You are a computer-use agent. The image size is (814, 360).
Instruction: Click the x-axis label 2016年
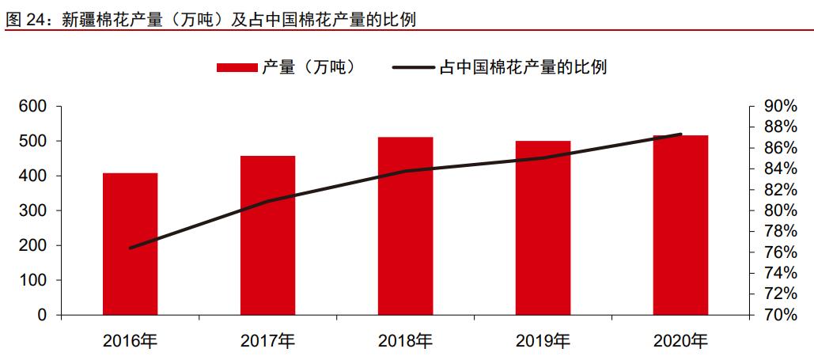point(130,342)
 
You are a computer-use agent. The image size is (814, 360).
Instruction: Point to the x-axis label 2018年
point(405,342)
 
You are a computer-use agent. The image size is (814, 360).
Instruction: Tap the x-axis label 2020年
point(680,342)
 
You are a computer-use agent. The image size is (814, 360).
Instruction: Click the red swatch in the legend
point(237,68)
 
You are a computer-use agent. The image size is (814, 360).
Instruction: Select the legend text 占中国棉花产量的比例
point(522,68)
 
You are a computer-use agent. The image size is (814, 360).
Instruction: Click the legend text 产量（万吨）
point(309,68)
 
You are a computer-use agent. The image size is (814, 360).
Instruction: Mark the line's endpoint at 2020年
point(680,135)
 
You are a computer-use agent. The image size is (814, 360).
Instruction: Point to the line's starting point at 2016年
point(130,248)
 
